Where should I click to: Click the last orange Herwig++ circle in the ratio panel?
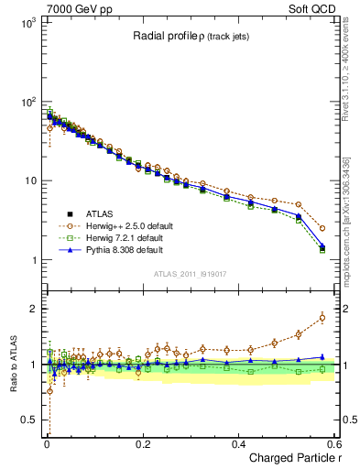(322, 318)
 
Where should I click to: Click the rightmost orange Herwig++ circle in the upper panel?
(322, 228)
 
